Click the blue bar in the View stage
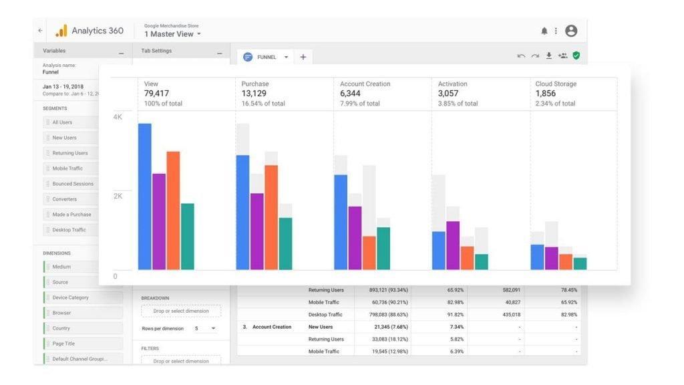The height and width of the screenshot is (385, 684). (x=145, y=197)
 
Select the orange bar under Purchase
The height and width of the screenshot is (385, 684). (x=271, y=217)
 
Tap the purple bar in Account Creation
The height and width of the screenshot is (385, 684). (x=355, y=238)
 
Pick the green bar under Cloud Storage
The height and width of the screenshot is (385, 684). (x=580, y=263)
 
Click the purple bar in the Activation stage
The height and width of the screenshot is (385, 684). (x=453, y=245)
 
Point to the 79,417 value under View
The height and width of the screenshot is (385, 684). (x=158, y=94)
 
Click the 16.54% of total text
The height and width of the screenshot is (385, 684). (x=263, y=104)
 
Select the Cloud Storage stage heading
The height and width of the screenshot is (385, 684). (x=556, y=84)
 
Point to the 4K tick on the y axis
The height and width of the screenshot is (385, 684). (x=118, y=117)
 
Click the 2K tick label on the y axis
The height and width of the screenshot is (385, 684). (x=118, y=197)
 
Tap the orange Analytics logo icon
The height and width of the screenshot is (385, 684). (x=61, y=31)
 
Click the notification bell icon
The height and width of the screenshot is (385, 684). (x=544, y=31)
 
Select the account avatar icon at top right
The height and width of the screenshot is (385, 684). (x=571, y=31)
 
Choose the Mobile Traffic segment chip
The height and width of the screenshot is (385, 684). (x=67, y=168)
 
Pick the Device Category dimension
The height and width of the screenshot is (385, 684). (x=70, y=297)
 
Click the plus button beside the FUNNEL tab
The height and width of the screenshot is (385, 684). (x=303, y=57)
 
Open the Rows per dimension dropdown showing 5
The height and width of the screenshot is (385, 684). (x=205, y=329)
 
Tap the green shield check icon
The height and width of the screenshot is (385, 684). (x=576, y=55)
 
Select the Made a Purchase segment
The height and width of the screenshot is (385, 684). (x=71, y=215)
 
